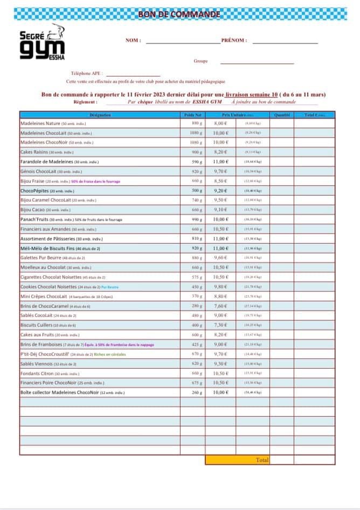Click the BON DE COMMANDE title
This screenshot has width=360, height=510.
click(x=179, y=14)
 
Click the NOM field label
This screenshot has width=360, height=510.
click(x=133, y=40)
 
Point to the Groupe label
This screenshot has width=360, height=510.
click(x=200, y=61)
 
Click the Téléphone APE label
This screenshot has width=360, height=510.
click(x=86, y=73)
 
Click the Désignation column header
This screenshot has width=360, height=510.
click(x=100, y=115)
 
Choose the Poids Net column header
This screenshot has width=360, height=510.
click(x=192, y=115)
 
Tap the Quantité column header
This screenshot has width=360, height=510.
click(x=282, y=115)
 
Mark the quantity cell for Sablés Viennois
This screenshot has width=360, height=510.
click(x=282, y=364)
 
